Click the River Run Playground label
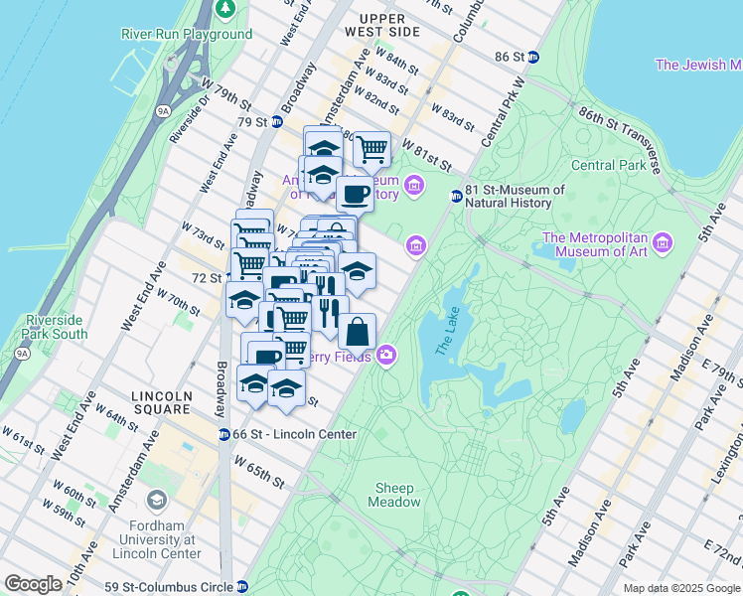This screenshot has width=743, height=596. click(x=187, y=34)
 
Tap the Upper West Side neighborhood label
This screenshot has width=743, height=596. click(x=381, y=26)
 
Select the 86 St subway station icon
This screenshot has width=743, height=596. click(x=532, y=57)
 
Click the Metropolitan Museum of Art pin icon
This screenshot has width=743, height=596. click(x=663, y=242)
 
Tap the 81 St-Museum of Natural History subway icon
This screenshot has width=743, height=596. click(x=456, y=197)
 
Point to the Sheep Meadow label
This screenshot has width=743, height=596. click(x=397, y=495)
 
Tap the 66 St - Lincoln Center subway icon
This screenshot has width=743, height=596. click(x=224, y=434)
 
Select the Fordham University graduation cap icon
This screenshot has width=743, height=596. click(x=156, y=500)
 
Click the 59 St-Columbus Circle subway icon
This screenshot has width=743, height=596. click(x=242, y=586)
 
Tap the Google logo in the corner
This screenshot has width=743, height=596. click(x=33, y=584)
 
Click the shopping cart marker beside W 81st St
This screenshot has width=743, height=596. click(x=371, y=149)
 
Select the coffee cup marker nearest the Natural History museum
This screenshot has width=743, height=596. click(x=355, y=193)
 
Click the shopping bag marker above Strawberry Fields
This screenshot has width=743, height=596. click(x=358, y=330)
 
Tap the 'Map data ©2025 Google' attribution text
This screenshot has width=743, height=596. click(x=681, y=588)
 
